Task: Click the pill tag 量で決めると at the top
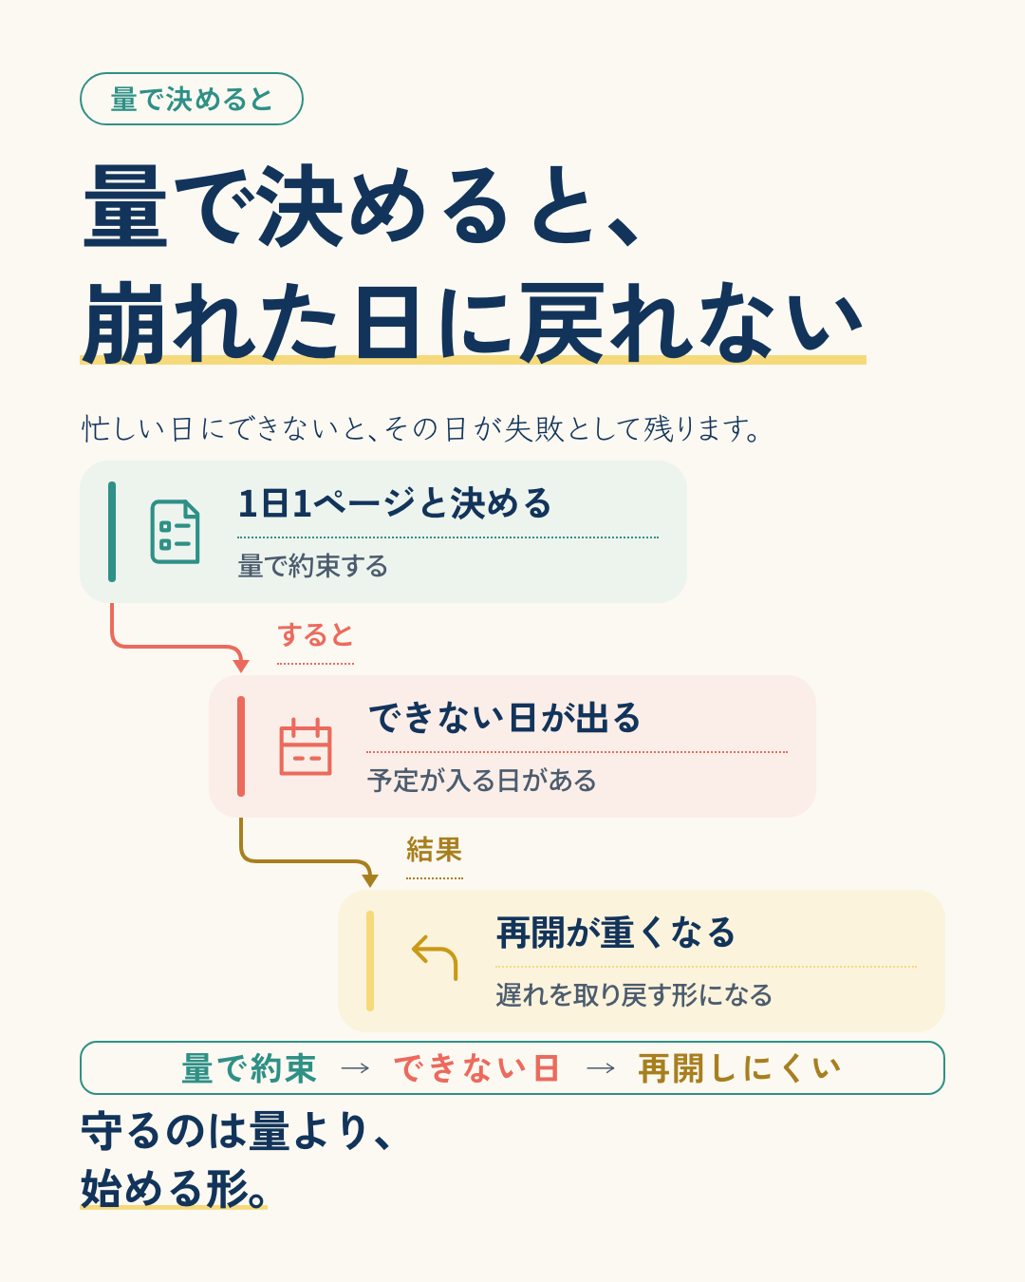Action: (191, 99)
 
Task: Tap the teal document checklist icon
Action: (175, 532)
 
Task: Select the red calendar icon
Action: (305, 746)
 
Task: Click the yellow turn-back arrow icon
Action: (435, 957)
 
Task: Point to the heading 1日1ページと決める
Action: (394, 503)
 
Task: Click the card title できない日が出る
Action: (504, 718)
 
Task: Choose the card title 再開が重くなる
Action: (616, 933)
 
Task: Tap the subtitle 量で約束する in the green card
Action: (312, 566)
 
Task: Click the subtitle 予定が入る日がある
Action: (481, 781)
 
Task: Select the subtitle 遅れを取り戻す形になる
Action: (634, 995)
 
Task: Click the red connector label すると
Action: (315, 635)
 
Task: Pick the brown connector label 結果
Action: (434, 850)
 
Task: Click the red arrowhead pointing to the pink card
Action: (241, 666)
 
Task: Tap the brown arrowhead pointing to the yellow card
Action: (370, 880)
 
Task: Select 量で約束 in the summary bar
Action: (249, 1068)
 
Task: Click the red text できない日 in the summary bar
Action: (476, 1068)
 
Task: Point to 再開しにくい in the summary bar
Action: (739, 1068)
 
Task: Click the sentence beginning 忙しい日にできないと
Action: (421, 429)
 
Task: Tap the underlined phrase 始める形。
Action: (174, 1189)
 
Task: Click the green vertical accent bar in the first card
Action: (112, 532)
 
